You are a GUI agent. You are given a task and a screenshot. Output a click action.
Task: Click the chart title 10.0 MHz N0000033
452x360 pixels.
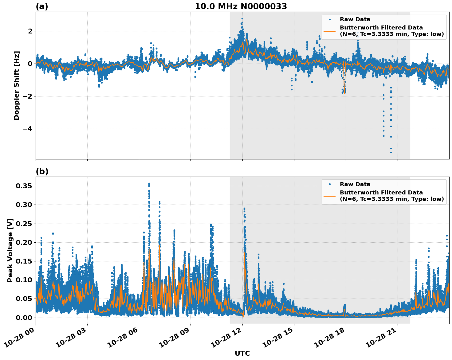click(241, 6)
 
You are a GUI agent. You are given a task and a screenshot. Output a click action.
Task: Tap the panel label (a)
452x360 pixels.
click(42, 6)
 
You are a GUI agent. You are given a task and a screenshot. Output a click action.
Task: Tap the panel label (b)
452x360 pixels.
click(42, 171)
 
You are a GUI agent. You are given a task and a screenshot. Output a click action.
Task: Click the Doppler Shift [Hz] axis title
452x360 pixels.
click(17, 85)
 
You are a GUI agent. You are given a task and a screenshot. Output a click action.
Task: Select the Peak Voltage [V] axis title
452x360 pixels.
click(10, 250)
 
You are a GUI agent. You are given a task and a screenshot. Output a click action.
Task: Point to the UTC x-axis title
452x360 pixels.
click(242, 353)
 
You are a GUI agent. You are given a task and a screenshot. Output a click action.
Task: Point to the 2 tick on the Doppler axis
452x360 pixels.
click(30, 31)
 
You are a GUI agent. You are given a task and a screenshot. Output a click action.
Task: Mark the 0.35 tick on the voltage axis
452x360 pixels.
click(25, 186)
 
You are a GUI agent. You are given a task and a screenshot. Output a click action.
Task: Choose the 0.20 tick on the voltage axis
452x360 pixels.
click(25, 243)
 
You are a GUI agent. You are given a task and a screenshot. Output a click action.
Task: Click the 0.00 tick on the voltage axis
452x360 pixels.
click(25, 318)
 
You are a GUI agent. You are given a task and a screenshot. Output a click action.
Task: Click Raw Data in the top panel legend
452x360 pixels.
click(355, 19)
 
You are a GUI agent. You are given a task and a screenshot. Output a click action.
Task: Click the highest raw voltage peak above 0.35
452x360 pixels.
click(149, 184)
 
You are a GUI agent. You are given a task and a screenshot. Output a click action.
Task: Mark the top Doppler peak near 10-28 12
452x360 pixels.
click(242, 19)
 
